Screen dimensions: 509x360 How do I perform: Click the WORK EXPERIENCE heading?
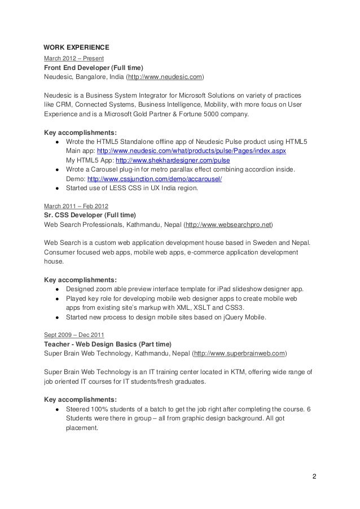[76, 47]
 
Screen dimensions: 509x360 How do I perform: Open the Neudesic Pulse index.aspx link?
[192, 151]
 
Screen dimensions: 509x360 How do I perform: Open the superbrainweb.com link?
[239, 353]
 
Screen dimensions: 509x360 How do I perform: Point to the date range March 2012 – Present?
[70, 58]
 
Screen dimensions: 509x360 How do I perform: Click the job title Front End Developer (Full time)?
[93, 67]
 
